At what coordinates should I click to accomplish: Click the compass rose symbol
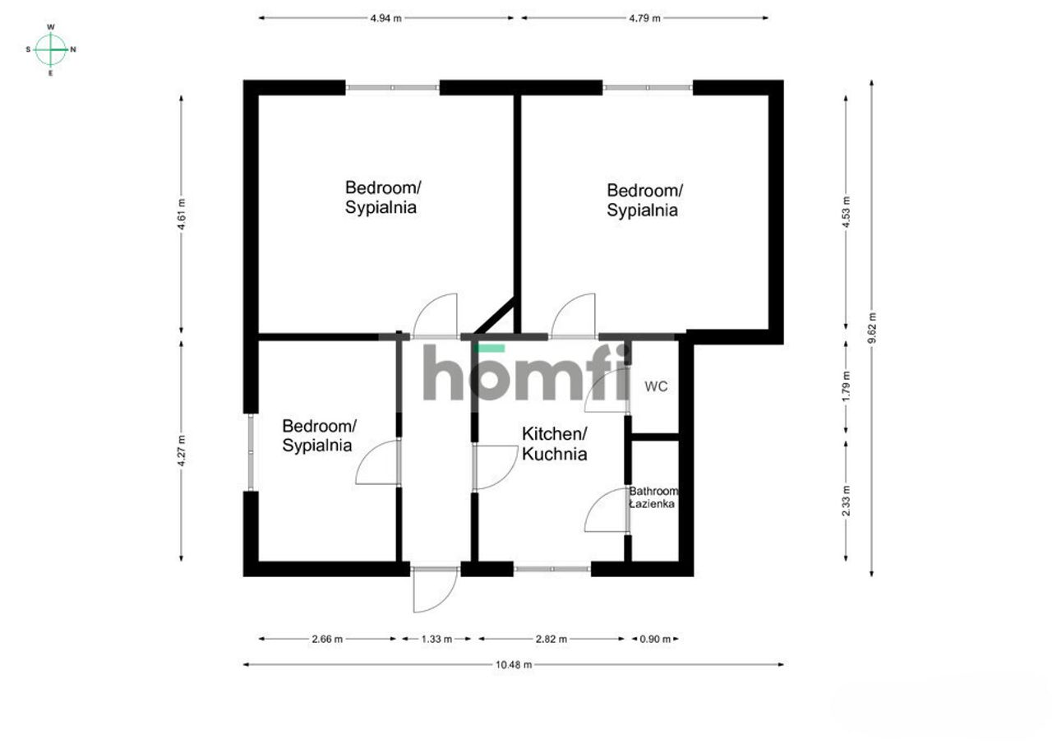pyautogui.click(x=51, y=49)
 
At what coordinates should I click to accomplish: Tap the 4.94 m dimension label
pyautogui.click(x=385, y=18)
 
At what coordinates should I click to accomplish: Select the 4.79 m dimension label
pyautogui.click(x=644, y=18)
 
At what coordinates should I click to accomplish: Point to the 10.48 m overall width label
pyautogui.click(x=514, y=664)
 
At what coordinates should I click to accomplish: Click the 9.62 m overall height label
pyautogui.click(x=872, y=328)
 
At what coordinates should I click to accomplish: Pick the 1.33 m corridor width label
pyautogui.click(x=436, y=639)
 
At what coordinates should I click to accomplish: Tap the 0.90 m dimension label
pyautogui.click(x=655, y=639)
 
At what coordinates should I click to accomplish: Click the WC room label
pyautogui.click(x=656, y=386)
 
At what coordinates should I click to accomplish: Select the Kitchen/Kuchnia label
pyautogui.click(x=554, y=444)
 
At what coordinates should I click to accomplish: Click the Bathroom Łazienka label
pyautogui.click(x=653, y=497)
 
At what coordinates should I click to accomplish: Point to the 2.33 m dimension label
pyautogui.click(x=846, y=500)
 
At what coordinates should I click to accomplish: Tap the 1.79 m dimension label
pyautogui.click(x=846, y=386)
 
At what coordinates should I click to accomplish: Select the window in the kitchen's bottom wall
pyautogui.click(x=551, y=569)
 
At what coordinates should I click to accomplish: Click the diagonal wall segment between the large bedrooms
pyautogui.click(x=495, y=316)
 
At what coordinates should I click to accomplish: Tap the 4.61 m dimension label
pyautogui.click(x=182, y=215)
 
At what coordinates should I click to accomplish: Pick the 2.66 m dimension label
pyautogui.click(x=327, y=639)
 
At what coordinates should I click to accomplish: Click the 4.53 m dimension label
pyautogui.click(x=846, y=212)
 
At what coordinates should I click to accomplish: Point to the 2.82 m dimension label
pyautogui.click(x=551, y=639)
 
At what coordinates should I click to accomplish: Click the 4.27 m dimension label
pyautogui.click(x=182, y=451)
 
